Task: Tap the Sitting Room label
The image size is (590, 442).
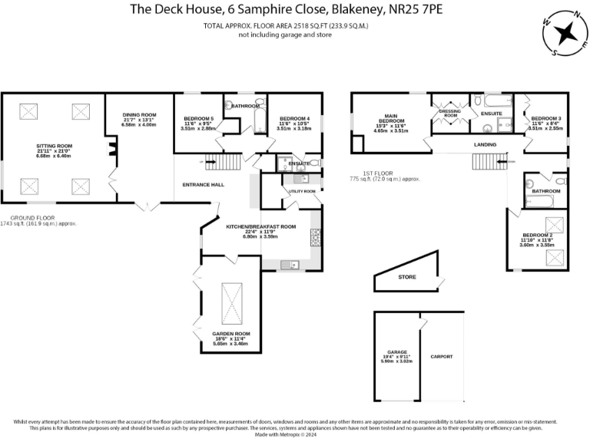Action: point(54,145)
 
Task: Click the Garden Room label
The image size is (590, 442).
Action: point(227,334)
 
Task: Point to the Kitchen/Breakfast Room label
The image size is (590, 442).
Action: point(260,227)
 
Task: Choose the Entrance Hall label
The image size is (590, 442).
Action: point(203,185)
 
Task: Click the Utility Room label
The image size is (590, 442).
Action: point(302,190)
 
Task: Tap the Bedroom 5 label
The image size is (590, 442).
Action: point(198,119)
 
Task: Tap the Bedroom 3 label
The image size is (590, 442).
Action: point(546,118)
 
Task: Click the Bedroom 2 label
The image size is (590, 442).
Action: point(537,235)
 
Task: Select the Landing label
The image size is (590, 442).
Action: point(485,144)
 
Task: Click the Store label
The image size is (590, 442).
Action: point(407,277)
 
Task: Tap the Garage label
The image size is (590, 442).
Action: point(396,355)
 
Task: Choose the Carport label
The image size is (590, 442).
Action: point(442,356)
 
